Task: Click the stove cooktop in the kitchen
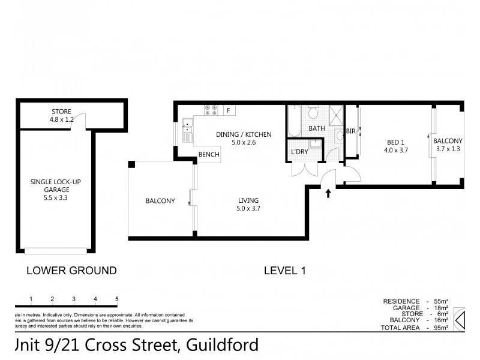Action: pos(211,110)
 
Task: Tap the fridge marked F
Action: pos(229,110)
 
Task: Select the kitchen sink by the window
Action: pos(188,127)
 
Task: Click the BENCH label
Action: pos(209,155)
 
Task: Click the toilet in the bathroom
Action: pos(313,112)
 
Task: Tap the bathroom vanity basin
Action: pos(338,135)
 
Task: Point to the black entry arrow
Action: pos(328,193)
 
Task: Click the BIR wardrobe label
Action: pos(351,131)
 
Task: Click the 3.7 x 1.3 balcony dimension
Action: pos(449,149)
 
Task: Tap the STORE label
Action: pos(61,112)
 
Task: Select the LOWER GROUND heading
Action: pos(71,271)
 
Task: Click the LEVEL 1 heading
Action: pos(285,271)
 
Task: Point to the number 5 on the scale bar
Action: pos(116,299)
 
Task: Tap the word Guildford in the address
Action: pos(223,344)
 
